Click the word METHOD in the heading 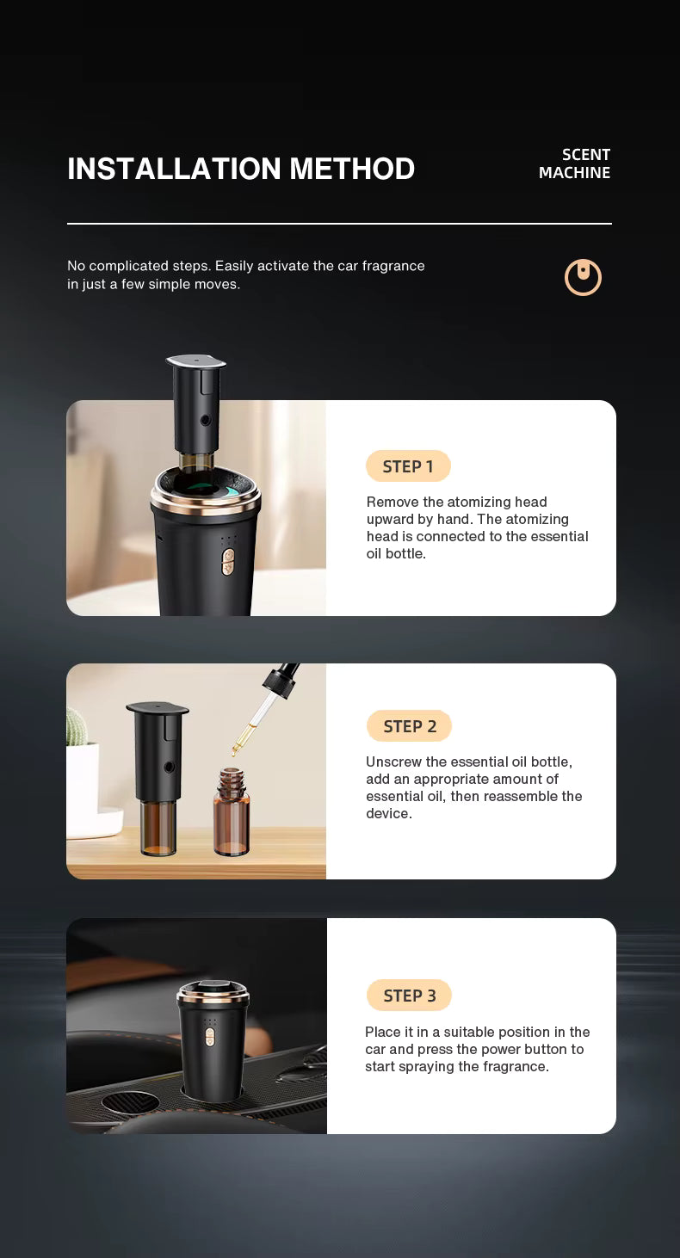(x=352, y=169)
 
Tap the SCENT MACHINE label (x=574, y=163)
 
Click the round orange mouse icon (x=583, y=278)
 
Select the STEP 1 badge (x=408, y=466)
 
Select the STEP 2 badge (x=409, y=726)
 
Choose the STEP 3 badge (x=409, y=996)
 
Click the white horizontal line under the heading (x=339, y=224)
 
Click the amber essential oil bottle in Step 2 (x=232, y=813)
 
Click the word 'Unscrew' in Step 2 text (x=393, y=762)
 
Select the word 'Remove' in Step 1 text (x=393, y=503)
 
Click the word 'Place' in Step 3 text (x=382, y=1033)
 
